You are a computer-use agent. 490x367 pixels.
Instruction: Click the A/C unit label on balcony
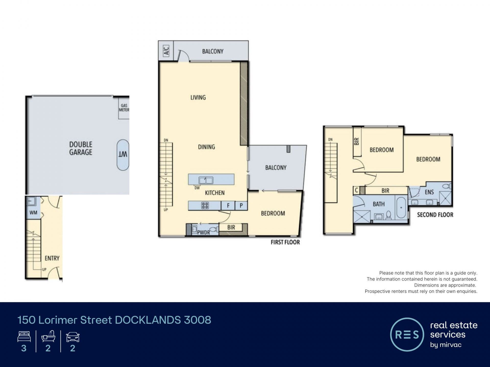[x=166, y=51]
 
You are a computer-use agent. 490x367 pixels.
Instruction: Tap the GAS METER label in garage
[x=124, y=108]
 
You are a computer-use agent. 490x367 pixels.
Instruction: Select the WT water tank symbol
[x=123, y=155]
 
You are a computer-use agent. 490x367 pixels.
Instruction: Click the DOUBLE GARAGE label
[x=81, y=148]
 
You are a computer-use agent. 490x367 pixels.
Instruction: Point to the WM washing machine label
[x=33, y=213]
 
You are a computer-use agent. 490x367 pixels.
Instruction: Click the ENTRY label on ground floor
[x=52, y=258]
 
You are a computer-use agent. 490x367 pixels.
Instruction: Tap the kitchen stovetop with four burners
[x=205, y=205]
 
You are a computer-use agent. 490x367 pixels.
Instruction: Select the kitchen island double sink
[x=206, y=180]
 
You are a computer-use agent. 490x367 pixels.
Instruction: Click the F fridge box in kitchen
[x=228, y=206]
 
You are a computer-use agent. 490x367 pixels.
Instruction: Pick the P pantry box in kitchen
[x=241, y=206]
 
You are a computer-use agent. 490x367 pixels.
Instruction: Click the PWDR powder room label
[x=203, y=232]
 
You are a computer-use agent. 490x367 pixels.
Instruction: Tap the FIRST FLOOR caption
[x=285, y=242]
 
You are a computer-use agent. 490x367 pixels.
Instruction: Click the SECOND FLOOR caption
[x=435, y=215]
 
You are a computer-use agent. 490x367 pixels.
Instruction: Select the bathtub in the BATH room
[x=401, y=207]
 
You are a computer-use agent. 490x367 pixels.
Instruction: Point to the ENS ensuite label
[x=429, y=192]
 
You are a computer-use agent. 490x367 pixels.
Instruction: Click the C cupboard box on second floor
[x=357, y=190]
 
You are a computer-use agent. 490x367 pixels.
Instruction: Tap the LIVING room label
[x=198, y=97]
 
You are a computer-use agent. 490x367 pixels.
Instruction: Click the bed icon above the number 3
[x=24, y=336]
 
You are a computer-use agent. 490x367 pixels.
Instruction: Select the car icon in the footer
[x=73, y=337]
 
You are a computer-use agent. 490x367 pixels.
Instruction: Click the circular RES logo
[x=407, y=335]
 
